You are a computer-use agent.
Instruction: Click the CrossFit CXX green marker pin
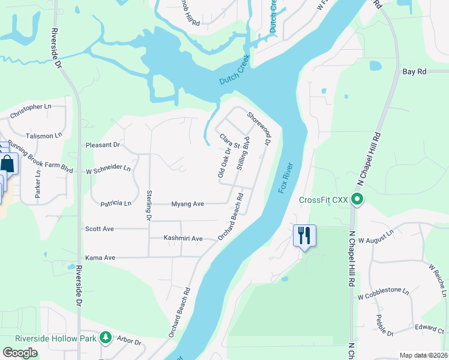(358, 199)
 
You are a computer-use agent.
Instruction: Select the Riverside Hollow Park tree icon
(106, 338)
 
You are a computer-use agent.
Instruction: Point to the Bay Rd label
(414, 71)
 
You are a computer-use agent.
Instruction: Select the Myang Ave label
(188, 204)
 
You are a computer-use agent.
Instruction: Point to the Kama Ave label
(100, 257)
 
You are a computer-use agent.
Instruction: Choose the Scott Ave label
(99, 229)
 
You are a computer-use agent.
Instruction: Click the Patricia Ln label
(116, 204)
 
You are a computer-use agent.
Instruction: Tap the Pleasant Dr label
(103, 145)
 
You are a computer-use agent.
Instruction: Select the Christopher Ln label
(31, 107)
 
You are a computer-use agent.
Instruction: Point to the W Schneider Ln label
(108, 169)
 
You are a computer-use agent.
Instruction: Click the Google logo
(20, 353)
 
